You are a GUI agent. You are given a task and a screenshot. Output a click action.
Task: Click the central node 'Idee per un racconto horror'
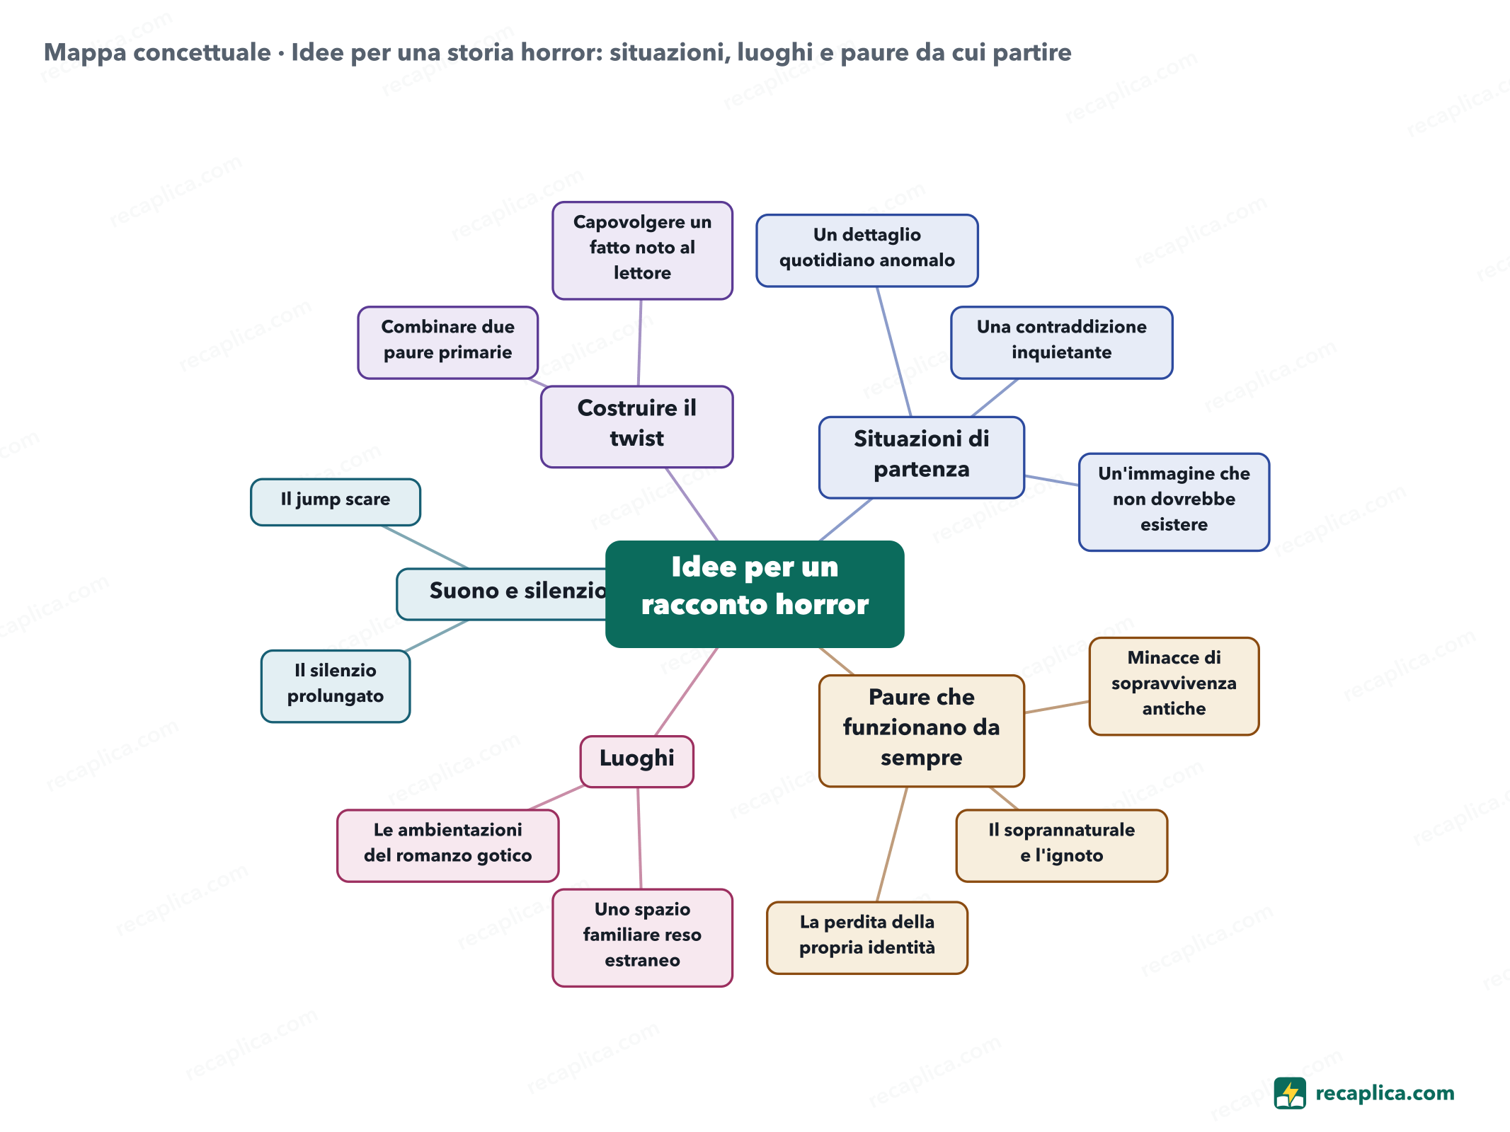point(755,594)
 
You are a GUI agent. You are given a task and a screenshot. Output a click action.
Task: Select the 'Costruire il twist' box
point(636,427)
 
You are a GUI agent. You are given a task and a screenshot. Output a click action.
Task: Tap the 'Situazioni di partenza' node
point(921,457)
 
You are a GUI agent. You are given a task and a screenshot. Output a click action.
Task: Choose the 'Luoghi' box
point(636,761)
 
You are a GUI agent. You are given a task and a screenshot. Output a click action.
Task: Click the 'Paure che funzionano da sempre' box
point(921,730)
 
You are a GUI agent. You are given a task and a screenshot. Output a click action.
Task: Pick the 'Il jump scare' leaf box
point(336,502)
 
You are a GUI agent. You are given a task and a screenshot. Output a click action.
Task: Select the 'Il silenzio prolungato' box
point(336,686)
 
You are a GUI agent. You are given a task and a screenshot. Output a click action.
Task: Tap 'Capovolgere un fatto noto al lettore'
point(642,250)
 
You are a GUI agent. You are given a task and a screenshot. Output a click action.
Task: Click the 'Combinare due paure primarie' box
point(447,342)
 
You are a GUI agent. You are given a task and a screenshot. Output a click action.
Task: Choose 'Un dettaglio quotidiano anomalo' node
point(867,250)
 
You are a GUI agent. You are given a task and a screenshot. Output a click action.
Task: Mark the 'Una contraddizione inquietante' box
point(1061,342)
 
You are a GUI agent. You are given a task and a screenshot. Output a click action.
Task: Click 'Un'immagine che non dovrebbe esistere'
point(1174,502)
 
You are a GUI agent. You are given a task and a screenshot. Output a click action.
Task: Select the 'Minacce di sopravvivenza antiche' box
point(1174,686)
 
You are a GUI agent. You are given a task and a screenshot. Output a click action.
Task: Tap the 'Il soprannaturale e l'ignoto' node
point(1061,845)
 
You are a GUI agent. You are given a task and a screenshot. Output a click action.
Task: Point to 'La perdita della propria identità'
point(867,937)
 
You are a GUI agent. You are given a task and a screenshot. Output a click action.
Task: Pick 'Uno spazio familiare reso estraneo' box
point(642,937)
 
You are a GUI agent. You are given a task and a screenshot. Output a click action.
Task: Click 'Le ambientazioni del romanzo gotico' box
point(447,845)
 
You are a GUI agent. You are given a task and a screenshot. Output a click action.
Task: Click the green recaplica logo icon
point(1290,1093)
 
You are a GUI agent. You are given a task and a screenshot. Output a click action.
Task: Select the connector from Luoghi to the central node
point(687,691)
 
